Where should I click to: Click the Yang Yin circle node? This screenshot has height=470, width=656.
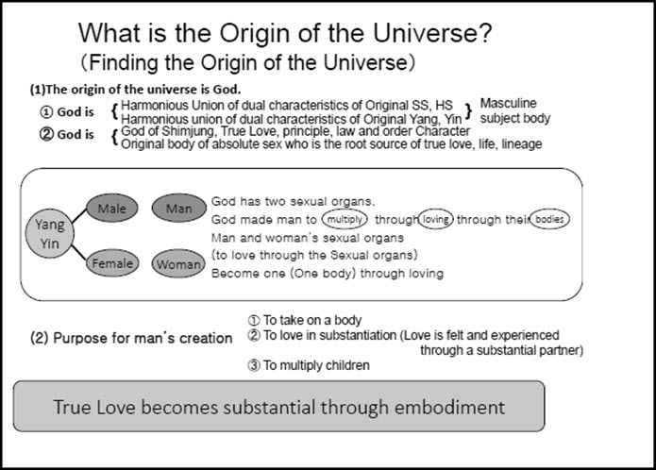[51, 235]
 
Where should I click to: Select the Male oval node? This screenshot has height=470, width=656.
[110, 206]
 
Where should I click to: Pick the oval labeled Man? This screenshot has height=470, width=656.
[177, 207]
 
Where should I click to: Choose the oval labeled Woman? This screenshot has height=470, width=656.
[177, 264]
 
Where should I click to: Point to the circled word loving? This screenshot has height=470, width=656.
[436, 218]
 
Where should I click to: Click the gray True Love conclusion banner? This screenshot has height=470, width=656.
[278, 407]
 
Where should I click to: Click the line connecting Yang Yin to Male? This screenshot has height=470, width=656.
[75, 216]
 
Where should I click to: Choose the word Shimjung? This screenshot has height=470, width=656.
[192, 132]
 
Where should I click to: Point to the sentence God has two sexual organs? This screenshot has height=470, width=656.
[294, 201]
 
